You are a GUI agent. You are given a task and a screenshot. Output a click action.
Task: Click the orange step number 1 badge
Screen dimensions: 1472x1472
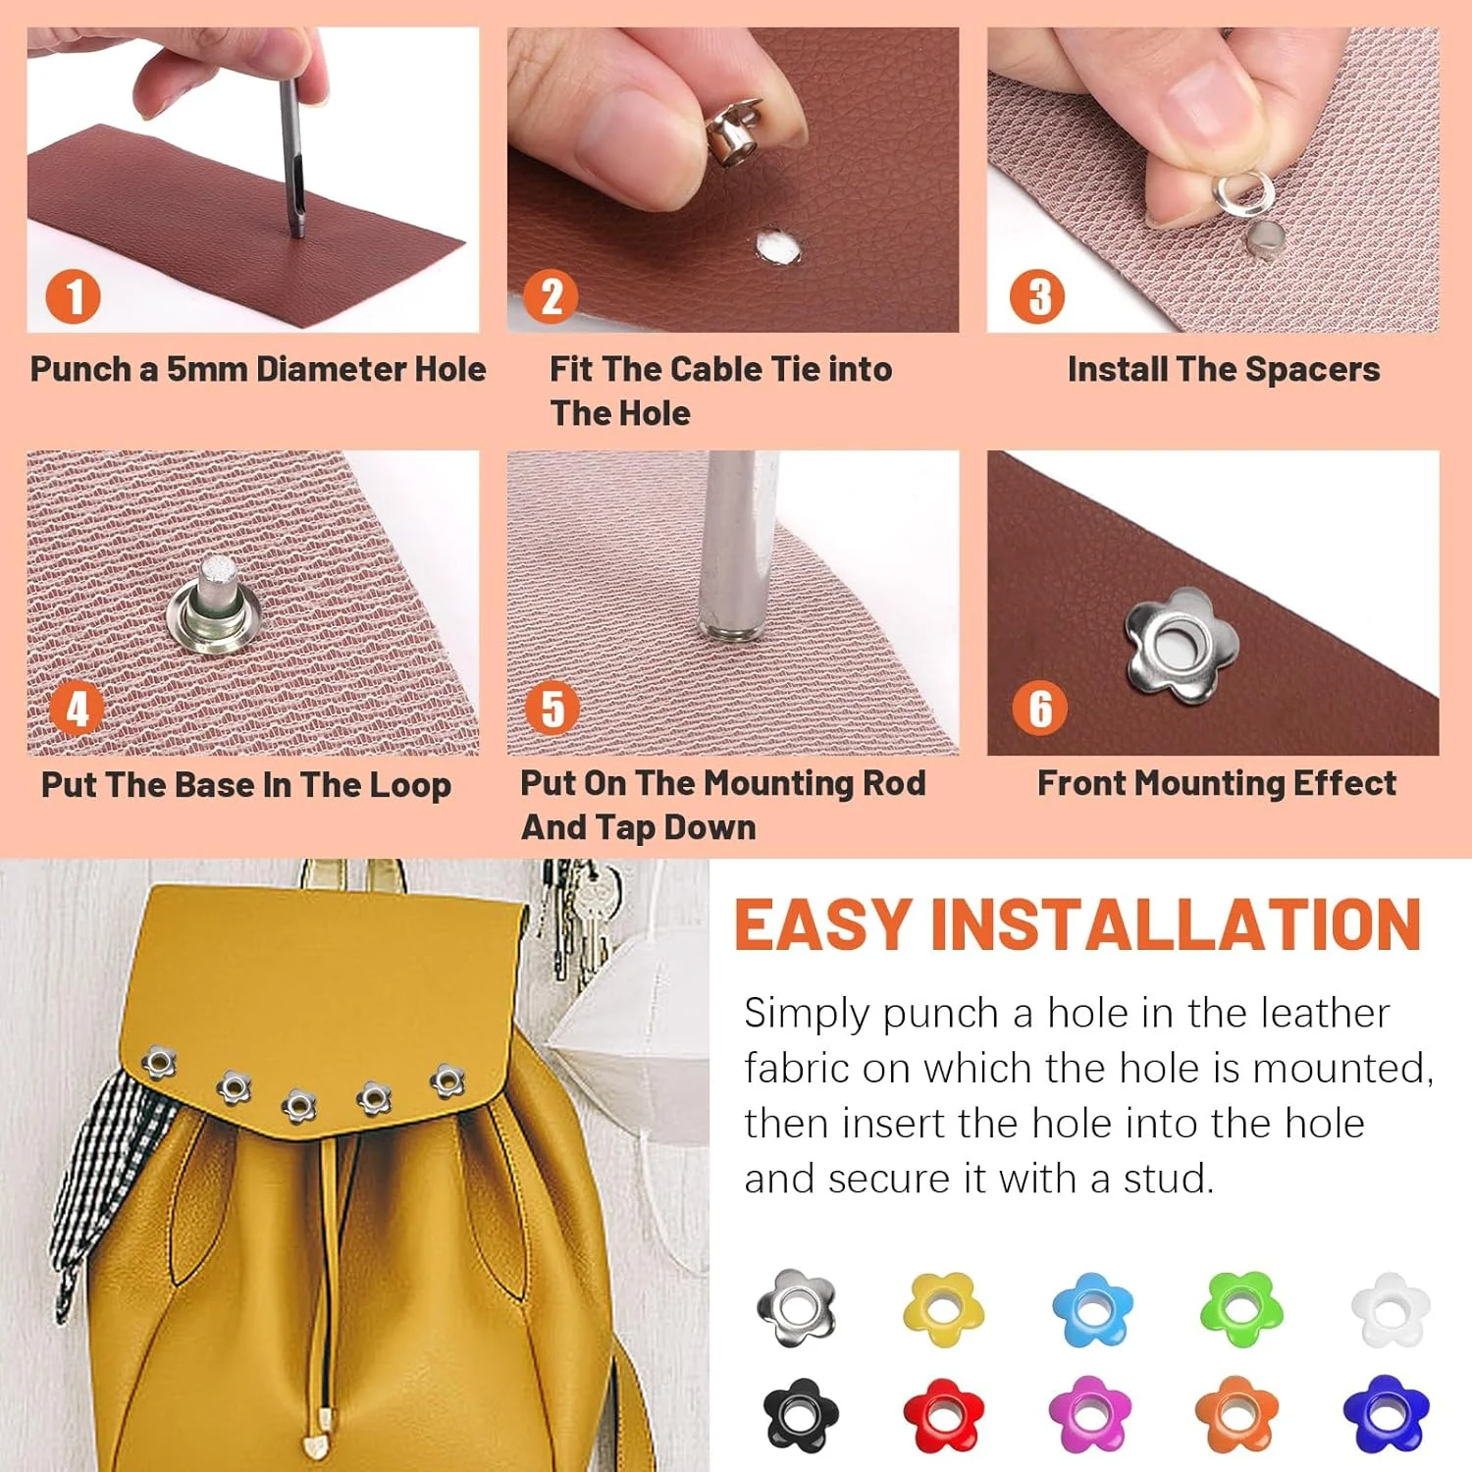73,296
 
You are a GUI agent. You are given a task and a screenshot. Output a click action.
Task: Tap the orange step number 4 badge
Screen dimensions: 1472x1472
77,709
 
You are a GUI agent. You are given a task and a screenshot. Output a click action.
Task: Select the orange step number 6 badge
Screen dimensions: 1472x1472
1039,709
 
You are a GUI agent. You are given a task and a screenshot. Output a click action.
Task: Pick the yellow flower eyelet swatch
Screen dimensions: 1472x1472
943,1308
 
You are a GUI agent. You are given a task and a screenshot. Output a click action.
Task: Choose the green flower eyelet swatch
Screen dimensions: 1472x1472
1241,1308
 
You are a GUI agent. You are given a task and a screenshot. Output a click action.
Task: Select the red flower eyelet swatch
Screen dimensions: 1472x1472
943,1414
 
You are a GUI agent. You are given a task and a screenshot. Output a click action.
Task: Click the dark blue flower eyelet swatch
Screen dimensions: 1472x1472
1387,1414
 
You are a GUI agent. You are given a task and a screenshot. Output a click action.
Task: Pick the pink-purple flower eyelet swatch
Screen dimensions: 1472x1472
1090,1414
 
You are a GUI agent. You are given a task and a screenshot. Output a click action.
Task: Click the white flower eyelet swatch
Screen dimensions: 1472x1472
1391,1308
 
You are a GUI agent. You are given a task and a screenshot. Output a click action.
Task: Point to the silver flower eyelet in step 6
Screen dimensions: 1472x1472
1182,645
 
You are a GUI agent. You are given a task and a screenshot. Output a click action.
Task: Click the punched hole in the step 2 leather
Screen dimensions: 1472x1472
777,247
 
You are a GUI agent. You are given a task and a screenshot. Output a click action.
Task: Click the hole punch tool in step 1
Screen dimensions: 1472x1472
290,157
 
